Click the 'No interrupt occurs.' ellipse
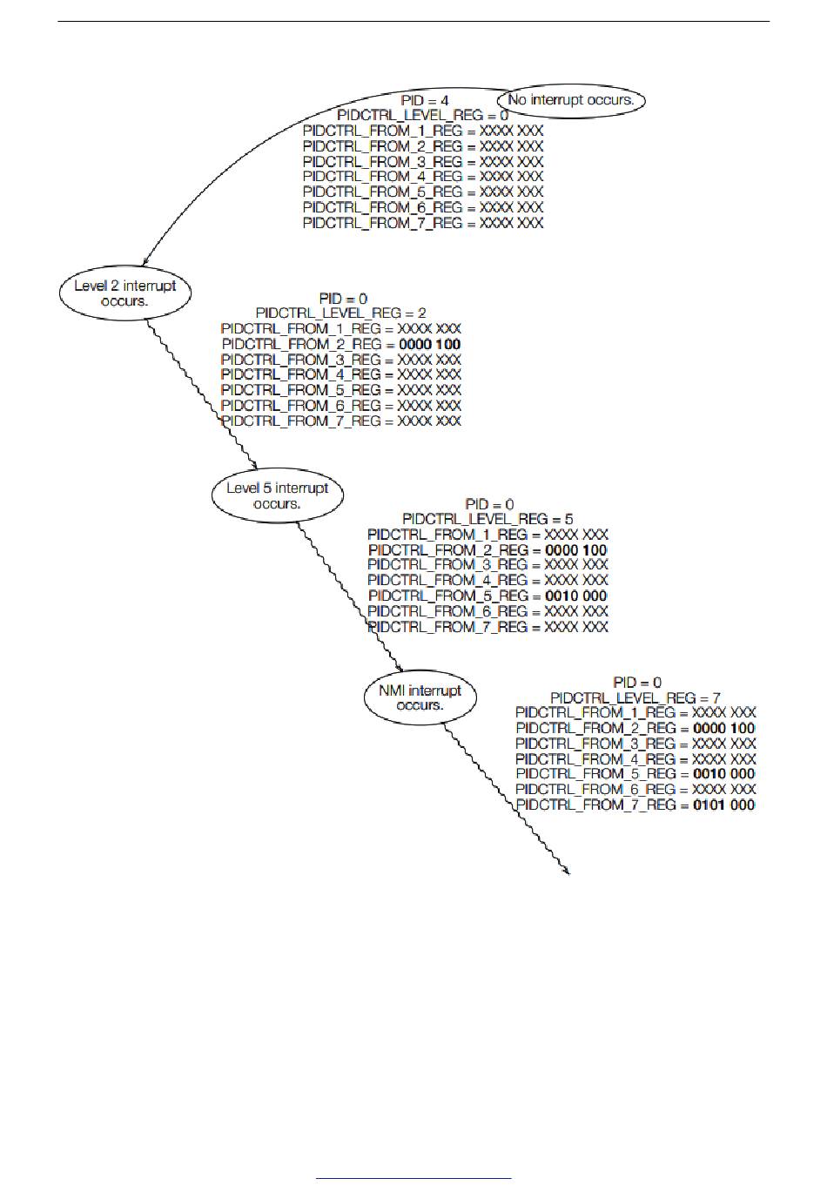click(571, 100)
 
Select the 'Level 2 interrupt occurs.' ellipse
click(124, 293)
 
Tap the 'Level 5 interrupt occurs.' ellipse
click(277, 495)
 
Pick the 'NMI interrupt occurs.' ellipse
click(420, 698)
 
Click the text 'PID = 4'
click(425, 101)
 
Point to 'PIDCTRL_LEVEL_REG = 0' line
click(423, 116)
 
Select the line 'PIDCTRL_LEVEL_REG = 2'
click(341, 313)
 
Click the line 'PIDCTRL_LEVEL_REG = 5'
click(487, 520)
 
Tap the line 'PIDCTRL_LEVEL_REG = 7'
click(635, 698)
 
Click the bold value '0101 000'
click(723, 805)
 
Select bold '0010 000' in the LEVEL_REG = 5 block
click(575, 596)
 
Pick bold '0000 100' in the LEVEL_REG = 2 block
click(429, 345)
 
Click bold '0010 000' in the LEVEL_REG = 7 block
click(723, 774)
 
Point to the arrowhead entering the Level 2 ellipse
click(145, 260)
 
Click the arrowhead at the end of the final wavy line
click(568, 871)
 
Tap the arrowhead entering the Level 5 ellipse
click(253, 466)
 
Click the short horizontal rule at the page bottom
click(413, 1179)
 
